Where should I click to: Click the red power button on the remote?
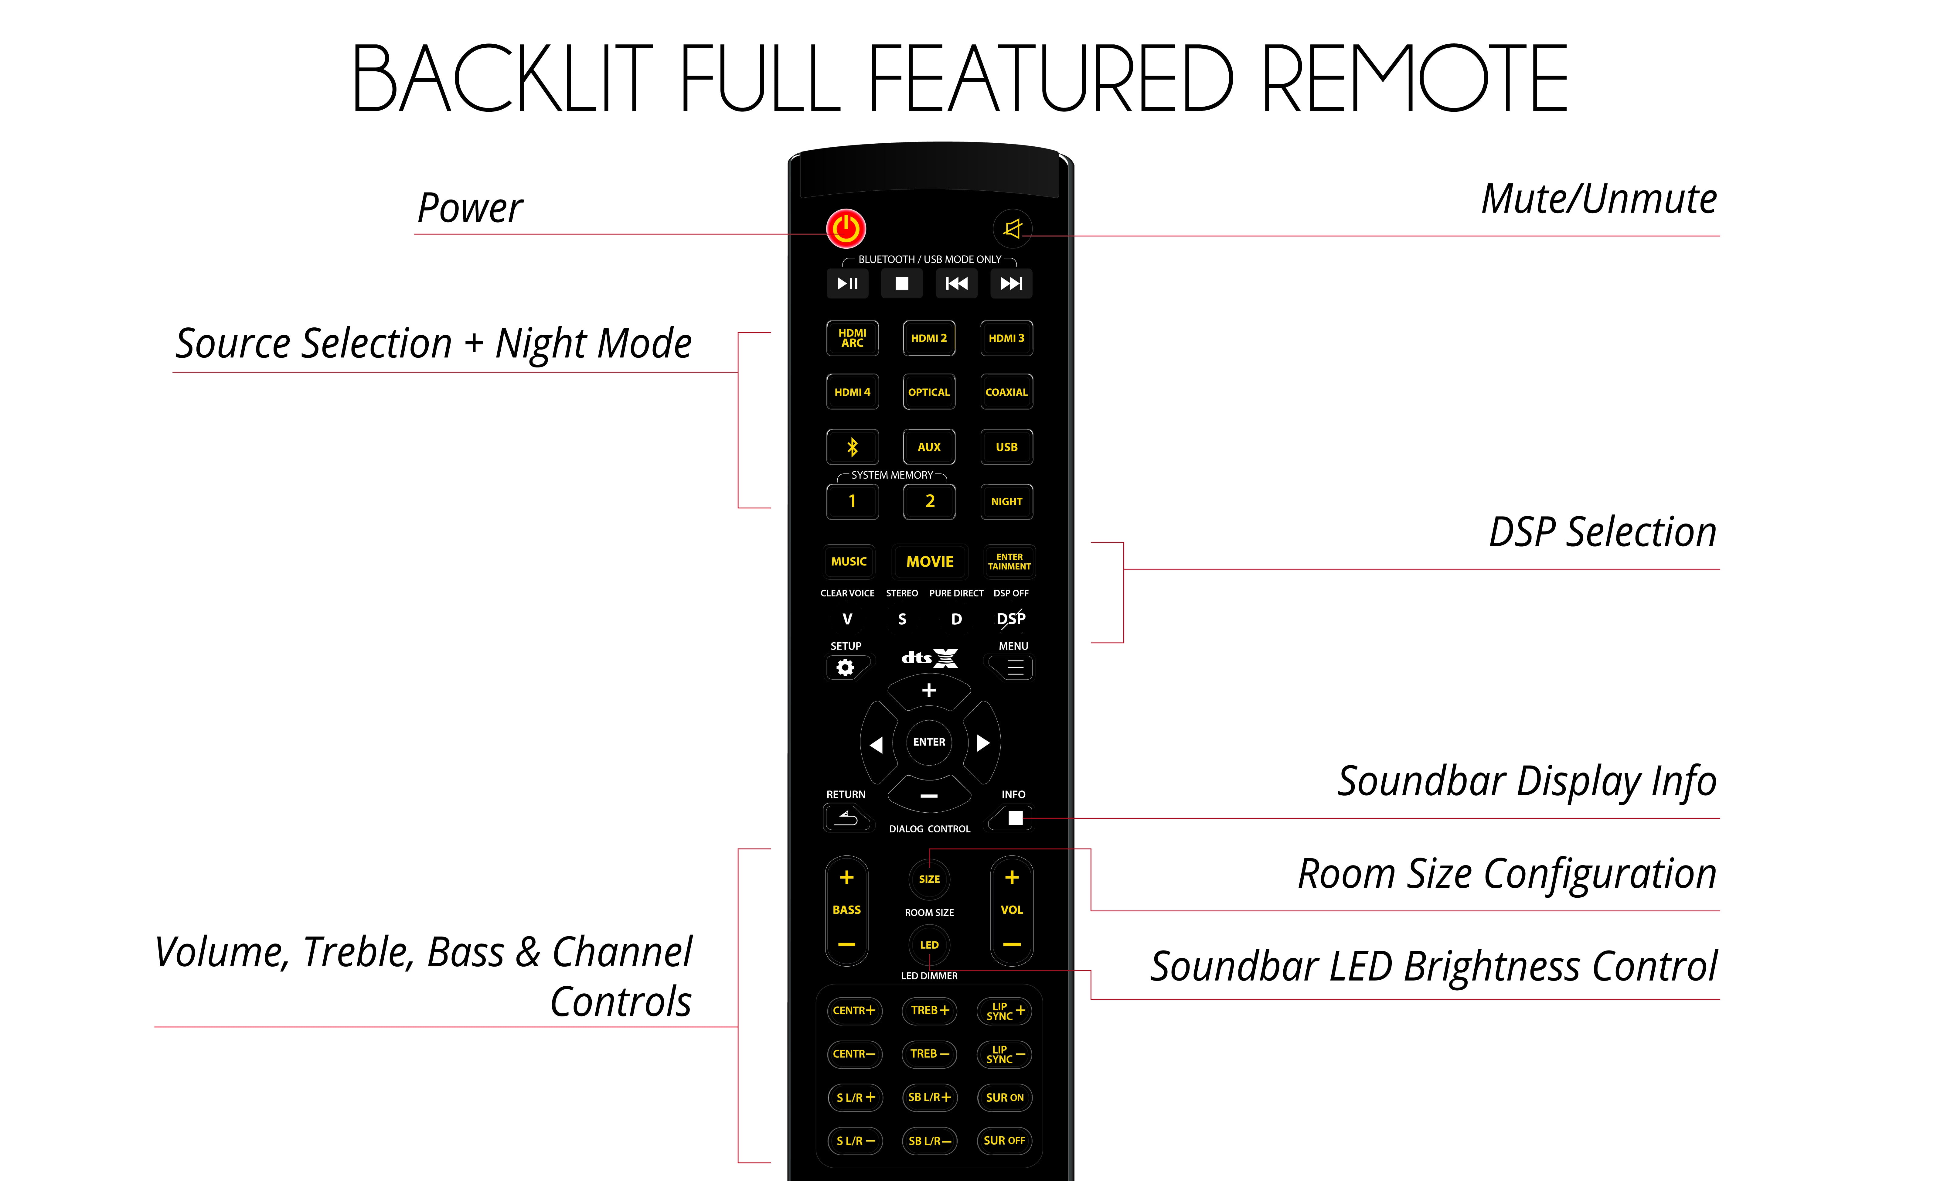coord(846,229)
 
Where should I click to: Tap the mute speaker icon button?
coord(1013,229)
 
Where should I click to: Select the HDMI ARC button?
coord(852,338)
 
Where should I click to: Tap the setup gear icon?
coord(845,667)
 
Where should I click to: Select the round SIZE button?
coord(929,879)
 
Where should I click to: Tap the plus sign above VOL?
coord(1012,878)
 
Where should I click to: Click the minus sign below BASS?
coord(847,944)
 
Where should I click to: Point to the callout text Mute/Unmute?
coord(1599,199)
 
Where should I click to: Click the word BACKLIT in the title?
coord(502,79)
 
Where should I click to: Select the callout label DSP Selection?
coord(1602,532)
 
